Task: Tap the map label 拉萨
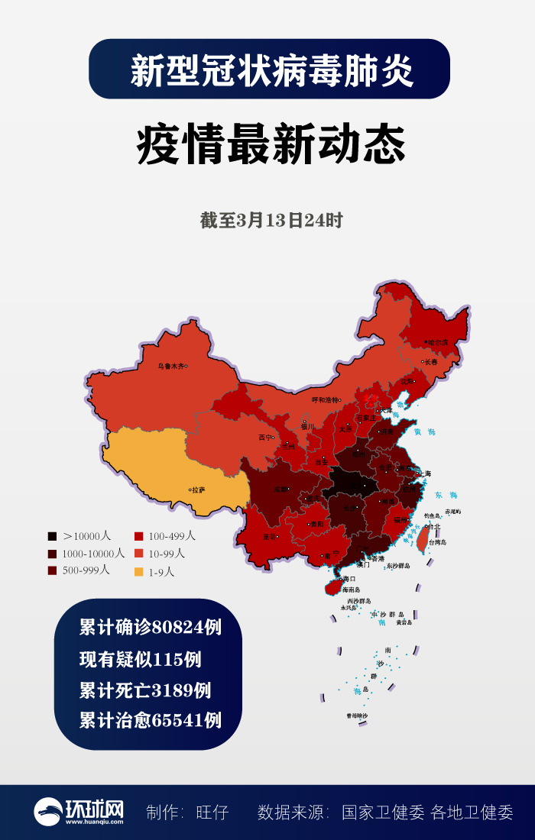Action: coord(198,489)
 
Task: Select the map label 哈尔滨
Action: coord(437,342)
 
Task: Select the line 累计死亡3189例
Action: coord(144,690)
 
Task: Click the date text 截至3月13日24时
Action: coord(271,221)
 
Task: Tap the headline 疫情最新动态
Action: coord(271,145)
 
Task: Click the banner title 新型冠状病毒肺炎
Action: coord(271,71)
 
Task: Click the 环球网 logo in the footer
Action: coord(79,812)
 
